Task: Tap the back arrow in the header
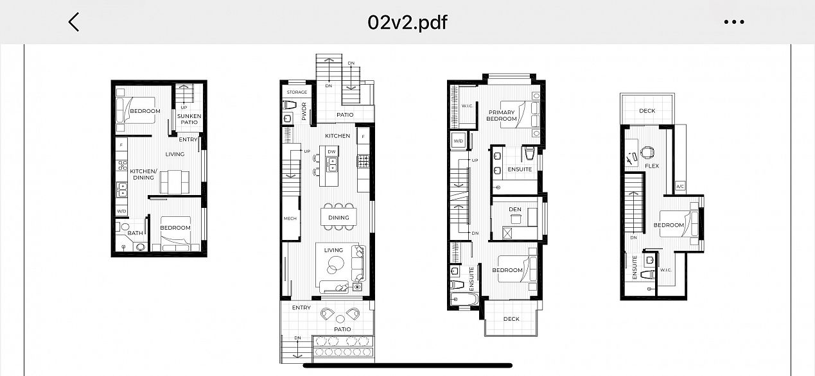point(74,22)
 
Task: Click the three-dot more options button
point(733,22)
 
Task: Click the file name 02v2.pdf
point(407,22)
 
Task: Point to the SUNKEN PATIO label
point(189,119)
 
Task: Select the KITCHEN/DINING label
point(143,175)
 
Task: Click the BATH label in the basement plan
point(135,233)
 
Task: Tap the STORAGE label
point(297,92)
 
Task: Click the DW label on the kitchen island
point(331,151)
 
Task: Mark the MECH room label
point(290,219)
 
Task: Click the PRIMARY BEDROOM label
point(501,115)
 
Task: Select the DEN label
point(514,209)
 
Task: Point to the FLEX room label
point(652,166)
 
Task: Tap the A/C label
point(680,187)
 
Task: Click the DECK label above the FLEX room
point(647,111)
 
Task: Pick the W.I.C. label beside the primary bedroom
point(467,106)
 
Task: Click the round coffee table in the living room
point(337,263)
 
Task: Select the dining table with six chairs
point(338,218)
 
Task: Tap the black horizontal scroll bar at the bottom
point(407,366)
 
